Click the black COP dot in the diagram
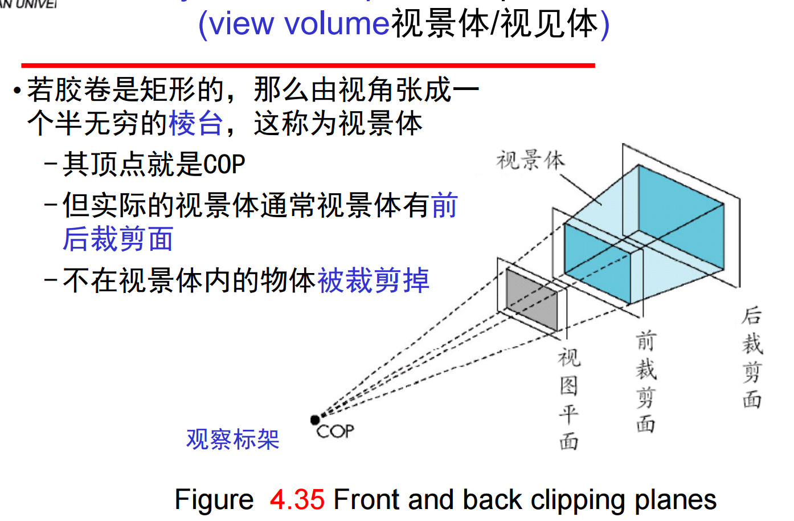click(x=315, y=420)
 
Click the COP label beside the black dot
click(x=335, y=432)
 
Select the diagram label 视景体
click(x=530, y=161)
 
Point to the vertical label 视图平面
click(x=568, y=399)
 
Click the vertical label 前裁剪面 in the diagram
click(x=646, y=382)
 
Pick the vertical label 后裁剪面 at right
click(x=752, y=358)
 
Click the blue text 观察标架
click(x=232, y=439)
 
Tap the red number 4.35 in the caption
click(x=297, y=500)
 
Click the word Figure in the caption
click(x=214, y=500)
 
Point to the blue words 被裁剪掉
click(x=373, y=280)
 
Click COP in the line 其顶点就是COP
click(x=224, y=165)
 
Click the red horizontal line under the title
click(x=308, y=66)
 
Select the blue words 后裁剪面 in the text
click(x=118, y=239)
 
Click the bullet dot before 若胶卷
click(x=18, y=91)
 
